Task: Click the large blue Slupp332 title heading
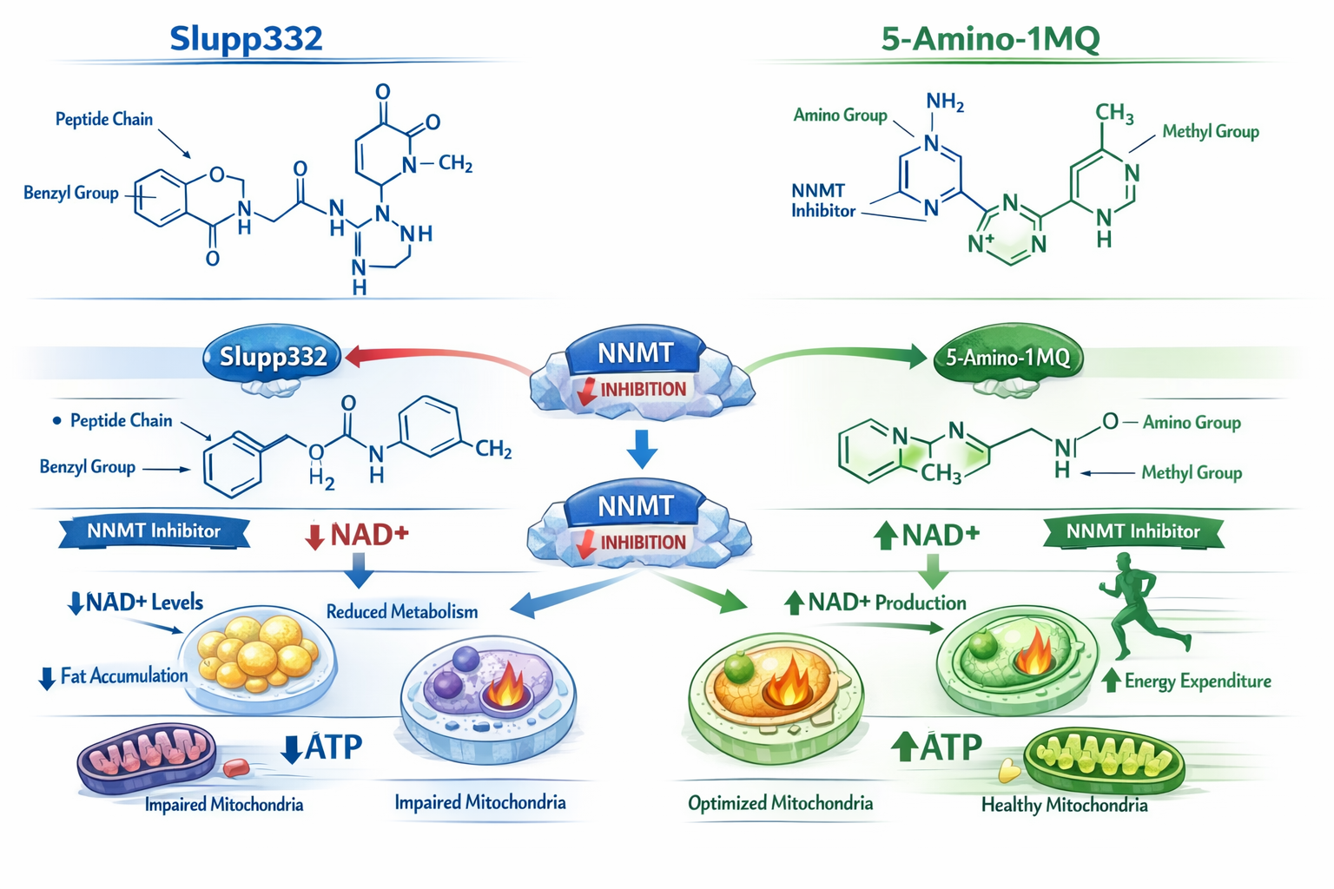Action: pyautogui.click(x=246, y=39)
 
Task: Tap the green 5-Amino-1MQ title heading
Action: pyautogui.click(x=990, y=39)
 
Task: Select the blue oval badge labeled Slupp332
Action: pyautogui.click(x=273, y=357)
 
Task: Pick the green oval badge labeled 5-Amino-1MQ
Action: pyautogui.click(x=1007, y=357)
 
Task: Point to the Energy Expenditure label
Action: pyautogui.click(x=1197, y=682)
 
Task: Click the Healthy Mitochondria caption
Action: pyautogui.click(x=1064, y=806)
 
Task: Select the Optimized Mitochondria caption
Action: pyautogui.click(x=780, y=804)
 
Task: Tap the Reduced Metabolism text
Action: pyautogui.click(x=401, y=612)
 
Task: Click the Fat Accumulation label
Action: pyautogui.click(x=123, y=676)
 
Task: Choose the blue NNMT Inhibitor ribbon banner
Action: pyautogui.click(x=154, y=531)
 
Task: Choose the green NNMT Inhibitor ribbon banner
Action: pyautogui.click(x=1133, y=532)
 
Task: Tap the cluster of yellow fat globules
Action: pyautogui.click(x=257, y=651)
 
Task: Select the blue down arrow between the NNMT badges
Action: pyautogui.click(x=642, y=449)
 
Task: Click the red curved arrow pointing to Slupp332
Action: pyautogui.click(x=434, y=357)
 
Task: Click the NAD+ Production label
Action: pyautogui.click(x=886, y=603)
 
